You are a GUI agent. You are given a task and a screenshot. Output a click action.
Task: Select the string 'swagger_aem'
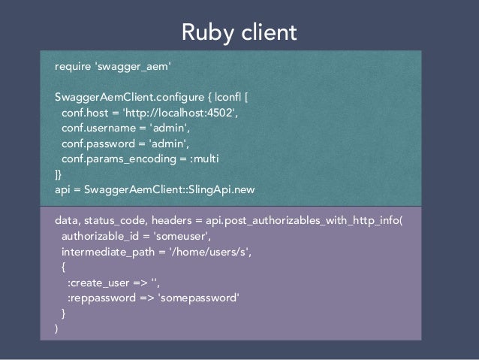pos(134,68)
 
